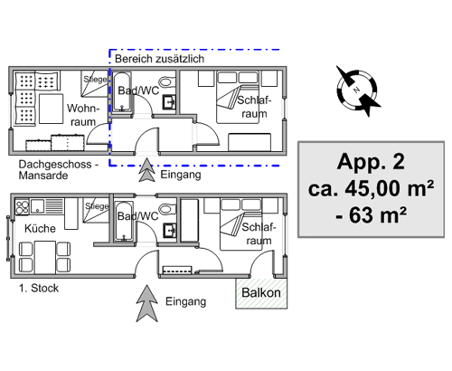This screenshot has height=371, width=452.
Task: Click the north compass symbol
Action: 357,90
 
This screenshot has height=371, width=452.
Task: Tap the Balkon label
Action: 261,292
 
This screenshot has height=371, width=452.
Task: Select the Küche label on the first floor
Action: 40,228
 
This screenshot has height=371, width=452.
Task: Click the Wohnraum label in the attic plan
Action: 82,115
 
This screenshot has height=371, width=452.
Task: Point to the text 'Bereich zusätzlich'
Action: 159,59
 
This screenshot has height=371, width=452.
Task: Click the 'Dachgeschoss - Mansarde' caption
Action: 59,170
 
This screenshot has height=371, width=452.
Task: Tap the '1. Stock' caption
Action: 39,288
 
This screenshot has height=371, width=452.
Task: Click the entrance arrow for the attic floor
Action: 146,170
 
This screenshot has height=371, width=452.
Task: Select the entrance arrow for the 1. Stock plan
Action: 146,303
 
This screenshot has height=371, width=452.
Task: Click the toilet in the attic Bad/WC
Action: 166,81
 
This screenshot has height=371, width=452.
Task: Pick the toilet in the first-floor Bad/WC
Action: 166,209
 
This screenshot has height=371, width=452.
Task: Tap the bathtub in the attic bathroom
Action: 121,92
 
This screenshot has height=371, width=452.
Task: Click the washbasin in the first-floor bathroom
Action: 169,231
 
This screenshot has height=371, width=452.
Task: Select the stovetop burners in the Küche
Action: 22,207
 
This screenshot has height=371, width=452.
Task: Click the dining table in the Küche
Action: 45,256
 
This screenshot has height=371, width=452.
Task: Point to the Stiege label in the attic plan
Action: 95,80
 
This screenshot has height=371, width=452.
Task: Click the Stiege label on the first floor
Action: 97,206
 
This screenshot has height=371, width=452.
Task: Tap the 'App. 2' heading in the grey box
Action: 371,162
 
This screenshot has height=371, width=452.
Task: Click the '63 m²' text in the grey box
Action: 378,215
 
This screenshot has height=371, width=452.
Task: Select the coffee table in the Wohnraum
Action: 52,109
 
